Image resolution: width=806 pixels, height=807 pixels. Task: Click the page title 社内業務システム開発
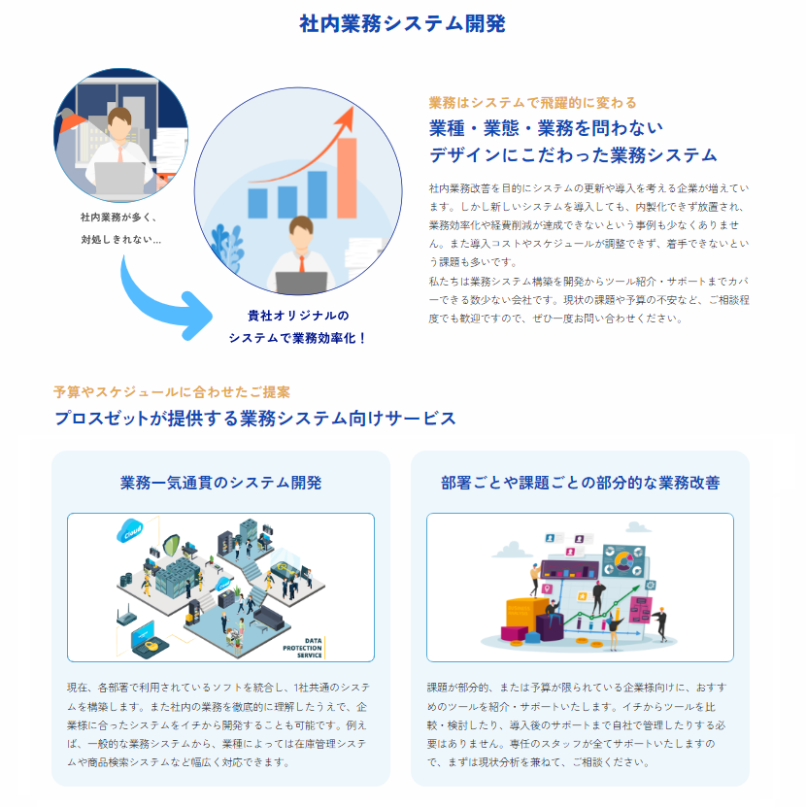[402, 24]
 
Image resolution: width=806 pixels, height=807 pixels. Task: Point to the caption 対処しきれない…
[120, 239]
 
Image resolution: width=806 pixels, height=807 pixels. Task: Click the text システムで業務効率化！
[298, 338]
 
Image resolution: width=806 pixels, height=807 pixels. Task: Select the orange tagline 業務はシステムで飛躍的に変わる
[532, 102]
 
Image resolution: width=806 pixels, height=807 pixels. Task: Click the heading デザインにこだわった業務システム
[573, 154]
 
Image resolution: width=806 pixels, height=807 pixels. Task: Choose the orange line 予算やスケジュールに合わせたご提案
[172, 391]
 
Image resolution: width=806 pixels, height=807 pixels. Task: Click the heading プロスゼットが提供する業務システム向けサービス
[254, 419]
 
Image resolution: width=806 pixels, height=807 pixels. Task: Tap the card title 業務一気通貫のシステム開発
[220, 483]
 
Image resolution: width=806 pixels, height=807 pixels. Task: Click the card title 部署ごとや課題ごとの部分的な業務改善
[580, 483]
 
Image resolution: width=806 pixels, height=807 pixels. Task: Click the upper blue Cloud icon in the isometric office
[129, 531]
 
